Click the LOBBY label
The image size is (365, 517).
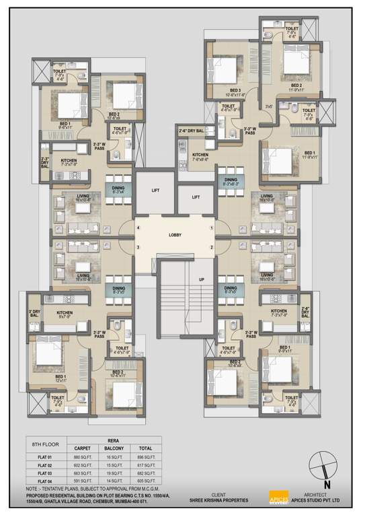coord(174,235)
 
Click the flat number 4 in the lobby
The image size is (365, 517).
coord(138,229)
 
